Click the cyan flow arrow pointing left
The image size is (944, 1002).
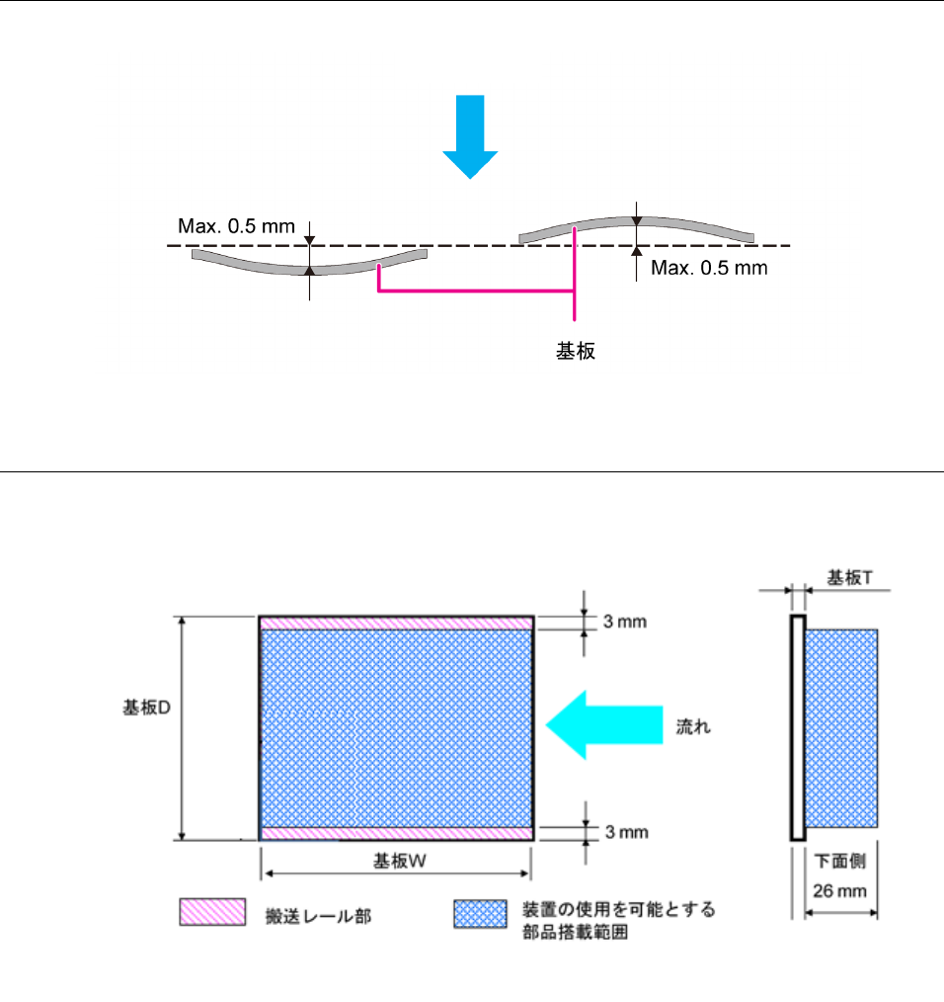(602, 724)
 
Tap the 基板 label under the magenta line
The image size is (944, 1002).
(576, 351)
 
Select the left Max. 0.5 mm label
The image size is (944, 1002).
(236, 226)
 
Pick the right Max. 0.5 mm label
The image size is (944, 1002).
(709, 268)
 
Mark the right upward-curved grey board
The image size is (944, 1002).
(637, 226)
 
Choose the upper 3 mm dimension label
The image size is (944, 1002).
(624, 623)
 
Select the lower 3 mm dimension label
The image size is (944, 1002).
(624, 832)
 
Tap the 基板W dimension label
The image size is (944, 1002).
(399, 860)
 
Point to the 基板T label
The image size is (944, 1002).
(849, 577)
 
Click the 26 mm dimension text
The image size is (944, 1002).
(839, 890)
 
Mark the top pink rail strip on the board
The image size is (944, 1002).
(396, 623)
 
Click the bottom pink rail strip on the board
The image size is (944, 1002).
(396, 833)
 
